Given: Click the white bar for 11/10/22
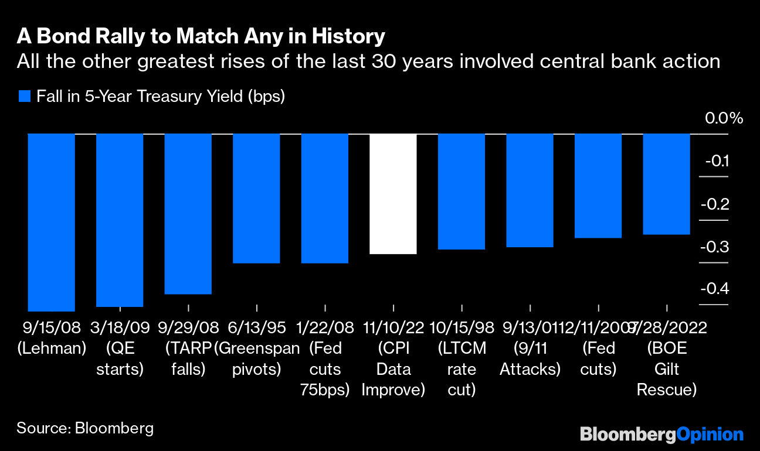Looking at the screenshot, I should pyautogui.click(x=393, y=194).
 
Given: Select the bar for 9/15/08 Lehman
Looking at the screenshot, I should pyautogui.click(x=52, y=223).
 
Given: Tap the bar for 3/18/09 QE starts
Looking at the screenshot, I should pyautogui.click(x=120, y=220).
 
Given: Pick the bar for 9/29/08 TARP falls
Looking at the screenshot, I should pyautogui.click(x=188, y=214).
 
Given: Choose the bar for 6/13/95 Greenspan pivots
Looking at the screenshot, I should pyautogui.click(x=256, y=199).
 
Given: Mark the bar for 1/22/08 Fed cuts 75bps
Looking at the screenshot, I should pyautogui.click(x=324, y=199).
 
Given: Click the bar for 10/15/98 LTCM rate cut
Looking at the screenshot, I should pyautogui.click(x=462, y=192).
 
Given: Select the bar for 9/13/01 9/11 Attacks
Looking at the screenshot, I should pyautogui.click(x=530, y=190).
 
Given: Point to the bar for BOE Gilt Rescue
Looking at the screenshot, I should pyautogui.click(x=666, y=184).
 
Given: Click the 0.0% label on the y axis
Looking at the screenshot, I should pyautogui.click(x=724, y=118).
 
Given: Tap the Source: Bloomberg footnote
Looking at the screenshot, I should pyautogui.click(x=85, y=428).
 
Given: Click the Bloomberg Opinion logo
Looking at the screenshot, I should pyautogui.click(x=661, y=434).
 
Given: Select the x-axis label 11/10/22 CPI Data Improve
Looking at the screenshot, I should pyautogui.click(x=393, y=358).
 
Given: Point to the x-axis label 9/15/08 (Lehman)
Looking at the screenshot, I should pyautogui.click(x=52, y=337).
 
